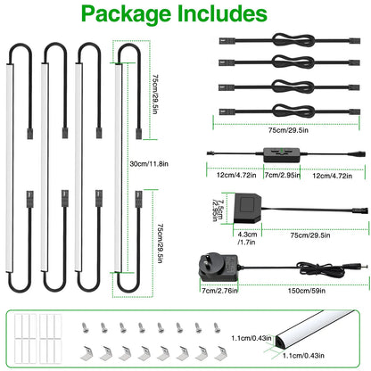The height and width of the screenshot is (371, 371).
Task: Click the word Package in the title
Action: coord(127,14)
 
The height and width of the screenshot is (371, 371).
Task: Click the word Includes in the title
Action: coord(222,13)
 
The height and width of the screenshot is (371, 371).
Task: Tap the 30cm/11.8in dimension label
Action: coord(149,164)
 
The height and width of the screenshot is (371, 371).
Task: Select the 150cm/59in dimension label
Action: coord(307,291)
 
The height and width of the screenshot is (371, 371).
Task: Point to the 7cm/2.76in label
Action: coord(219,291)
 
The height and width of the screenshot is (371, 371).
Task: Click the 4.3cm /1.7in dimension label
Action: coord(247,238)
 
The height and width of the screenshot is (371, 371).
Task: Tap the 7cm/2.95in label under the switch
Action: coord(282,175)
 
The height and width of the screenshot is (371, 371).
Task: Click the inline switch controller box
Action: coord(282,155)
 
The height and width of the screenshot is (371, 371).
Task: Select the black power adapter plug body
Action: coord(218,268)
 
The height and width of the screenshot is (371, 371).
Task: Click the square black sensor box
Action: coord(247,208)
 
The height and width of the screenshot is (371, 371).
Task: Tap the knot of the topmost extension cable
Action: coord(293,40)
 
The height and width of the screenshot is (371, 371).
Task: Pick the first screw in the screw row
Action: coord(85,327)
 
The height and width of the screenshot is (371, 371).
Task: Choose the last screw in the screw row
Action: coord(217,327)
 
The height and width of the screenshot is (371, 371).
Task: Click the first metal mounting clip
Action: coord(87,353)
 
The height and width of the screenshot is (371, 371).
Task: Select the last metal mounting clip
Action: coord(220,353)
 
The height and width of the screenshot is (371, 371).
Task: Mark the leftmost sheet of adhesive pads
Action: coord(25,338)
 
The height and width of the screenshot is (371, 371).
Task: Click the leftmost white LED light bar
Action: coord(10,168)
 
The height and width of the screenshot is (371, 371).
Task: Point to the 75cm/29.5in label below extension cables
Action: coord(288,130)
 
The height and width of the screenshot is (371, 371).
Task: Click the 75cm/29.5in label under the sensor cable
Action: coord(310,235)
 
